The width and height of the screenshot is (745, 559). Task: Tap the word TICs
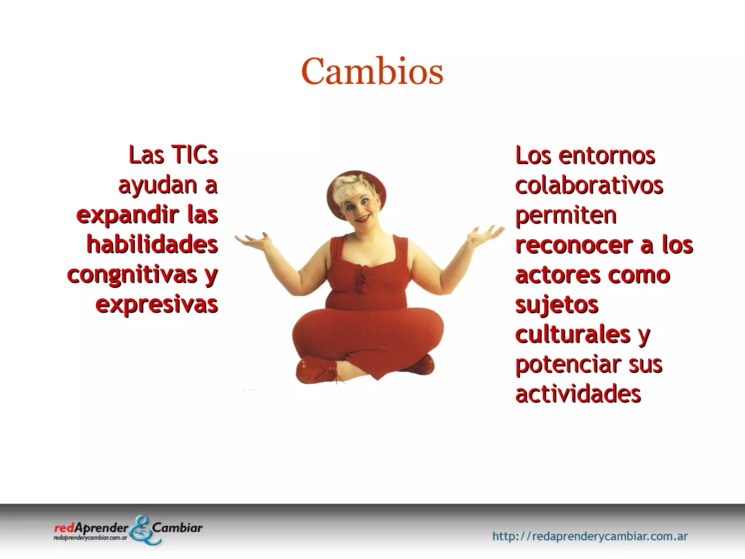click(x=194, y=155)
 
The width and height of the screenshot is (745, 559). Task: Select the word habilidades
click(x=152, y=244)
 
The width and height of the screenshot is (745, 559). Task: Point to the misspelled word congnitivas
click(x=132, y=274)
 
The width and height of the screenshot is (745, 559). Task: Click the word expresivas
click(x=156, y=305)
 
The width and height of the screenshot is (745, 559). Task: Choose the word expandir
click(x=127, y=215)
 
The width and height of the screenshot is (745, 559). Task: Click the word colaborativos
click(x=589, y=185)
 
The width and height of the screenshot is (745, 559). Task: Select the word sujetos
click(x=557, y=305)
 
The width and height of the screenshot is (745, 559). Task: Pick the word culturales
click(x=573, y=334)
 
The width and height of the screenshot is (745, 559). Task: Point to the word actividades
click(x=578, y=394)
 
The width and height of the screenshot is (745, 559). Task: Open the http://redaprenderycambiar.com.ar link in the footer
click(x=590, y=536)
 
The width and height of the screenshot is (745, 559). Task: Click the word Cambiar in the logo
click(x=177, y=527)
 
